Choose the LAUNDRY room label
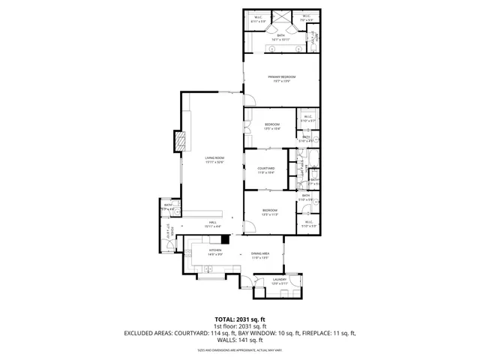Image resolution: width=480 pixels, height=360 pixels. point(278,283)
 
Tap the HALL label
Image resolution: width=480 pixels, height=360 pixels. point(213,224)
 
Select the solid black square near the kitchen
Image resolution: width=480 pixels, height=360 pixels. point(224,241)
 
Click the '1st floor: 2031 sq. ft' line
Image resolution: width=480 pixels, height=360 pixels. point(239,325)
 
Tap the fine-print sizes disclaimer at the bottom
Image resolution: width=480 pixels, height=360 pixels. point(239,349)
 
